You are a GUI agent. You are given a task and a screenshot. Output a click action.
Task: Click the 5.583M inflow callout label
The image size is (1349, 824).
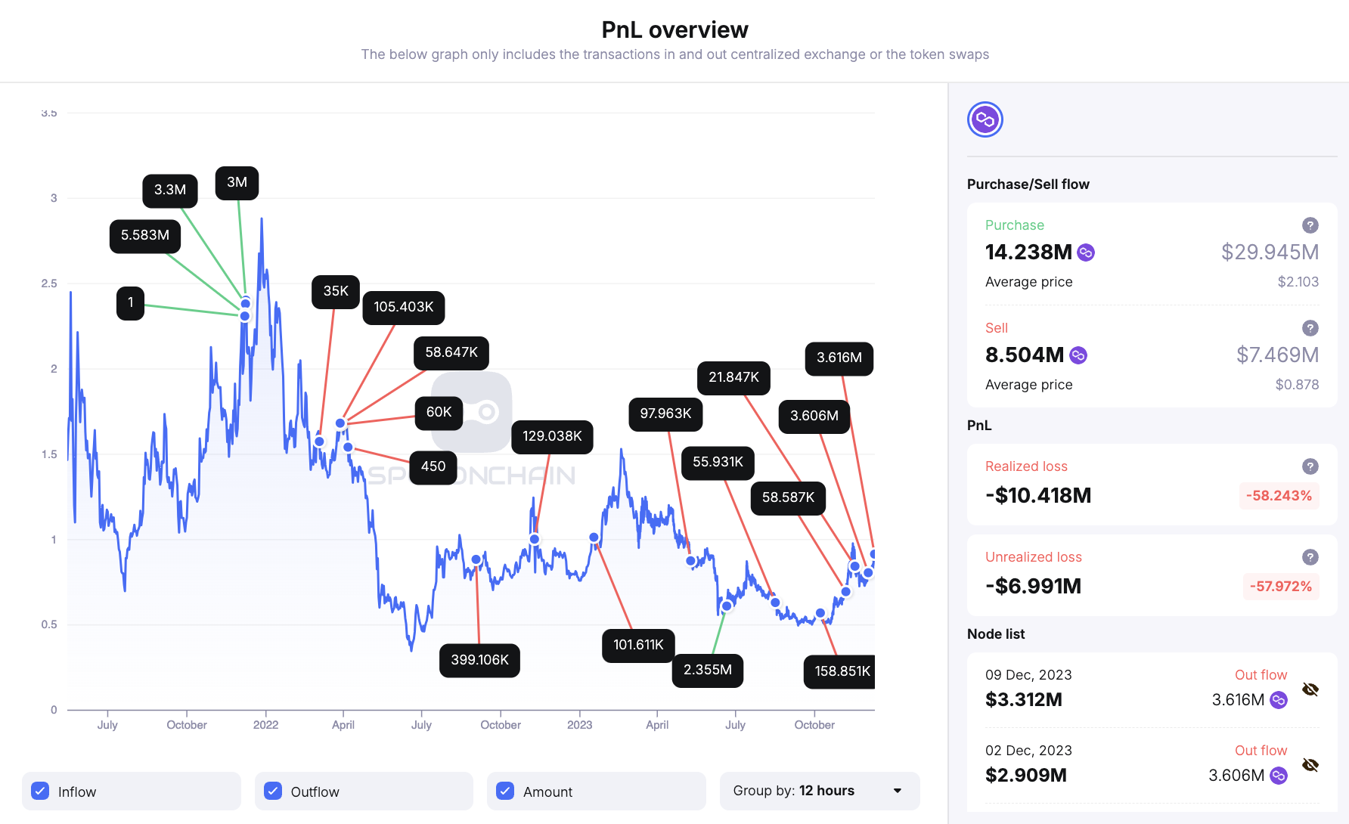coord(145,236)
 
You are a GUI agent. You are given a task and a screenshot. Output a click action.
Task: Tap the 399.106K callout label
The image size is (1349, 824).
coord(479,660)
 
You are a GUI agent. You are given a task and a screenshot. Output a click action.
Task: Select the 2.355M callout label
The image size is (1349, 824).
coord(707,670)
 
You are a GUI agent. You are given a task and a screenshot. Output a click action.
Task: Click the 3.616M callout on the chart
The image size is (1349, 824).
coord(839,358)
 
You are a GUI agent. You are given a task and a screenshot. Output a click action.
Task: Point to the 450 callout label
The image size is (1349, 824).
coord(433,466)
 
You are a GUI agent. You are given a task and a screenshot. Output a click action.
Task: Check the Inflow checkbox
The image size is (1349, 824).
coord(41,791)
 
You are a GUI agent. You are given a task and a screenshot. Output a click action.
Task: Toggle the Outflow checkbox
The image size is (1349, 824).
coord(273,791)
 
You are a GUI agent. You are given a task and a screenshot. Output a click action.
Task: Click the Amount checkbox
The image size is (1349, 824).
coord(505,791)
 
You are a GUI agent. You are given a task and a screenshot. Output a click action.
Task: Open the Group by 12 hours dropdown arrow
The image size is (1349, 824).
coord(898,791)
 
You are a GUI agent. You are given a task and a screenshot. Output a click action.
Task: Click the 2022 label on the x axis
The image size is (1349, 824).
coord(265,725)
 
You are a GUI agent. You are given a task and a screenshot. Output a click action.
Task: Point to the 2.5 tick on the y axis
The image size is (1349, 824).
coord(49,283)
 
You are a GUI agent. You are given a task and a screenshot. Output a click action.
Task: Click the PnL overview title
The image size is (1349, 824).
coord(674,29)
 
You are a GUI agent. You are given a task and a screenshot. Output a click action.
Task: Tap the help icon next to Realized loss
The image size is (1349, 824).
coord(1310,466)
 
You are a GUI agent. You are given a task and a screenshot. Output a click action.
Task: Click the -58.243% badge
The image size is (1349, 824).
coord(1279,496)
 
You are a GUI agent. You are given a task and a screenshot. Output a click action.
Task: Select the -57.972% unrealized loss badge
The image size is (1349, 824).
coord(1280,587)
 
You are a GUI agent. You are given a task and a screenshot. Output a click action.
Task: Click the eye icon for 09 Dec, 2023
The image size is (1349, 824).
coord(1310,689)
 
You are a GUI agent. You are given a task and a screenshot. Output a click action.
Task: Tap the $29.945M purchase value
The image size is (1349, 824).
coord(1270,252)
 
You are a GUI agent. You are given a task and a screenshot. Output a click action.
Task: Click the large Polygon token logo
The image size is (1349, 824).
coord(985,119)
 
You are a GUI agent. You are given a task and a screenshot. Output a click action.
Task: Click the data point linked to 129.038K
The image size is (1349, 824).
coord(535,539)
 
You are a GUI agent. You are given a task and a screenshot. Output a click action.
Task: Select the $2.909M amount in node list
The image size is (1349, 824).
coord(1025,776)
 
